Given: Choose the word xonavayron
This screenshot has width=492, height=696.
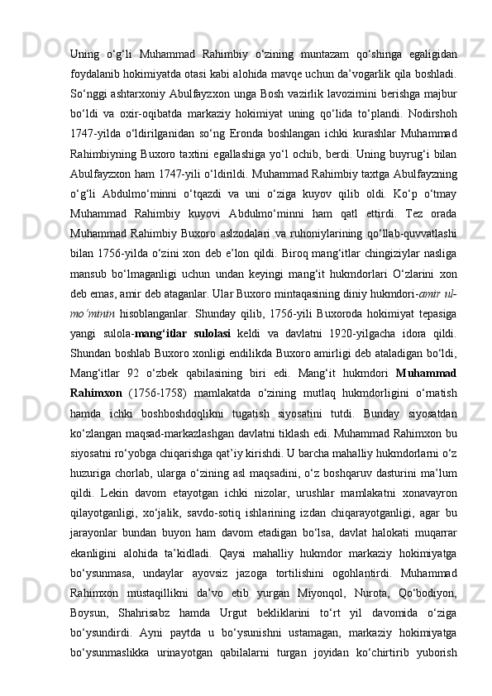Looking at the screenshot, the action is tap(428, 556).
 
